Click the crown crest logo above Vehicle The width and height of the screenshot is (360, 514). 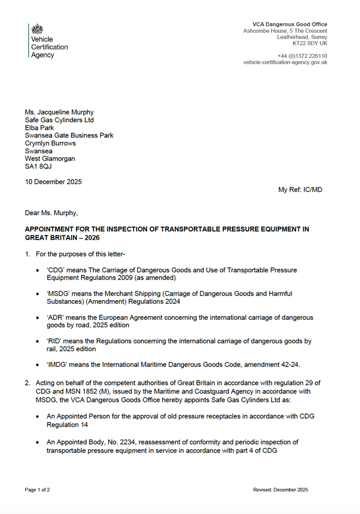38,29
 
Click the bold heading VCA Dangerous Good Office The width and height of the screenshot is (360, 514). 290,24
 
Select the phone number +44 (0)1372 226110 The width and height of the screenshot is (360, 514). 302,56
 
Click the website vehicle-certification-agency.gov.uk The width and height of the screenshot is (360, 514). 285,62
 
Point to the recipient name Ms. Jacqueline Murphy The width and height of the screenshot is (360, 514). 59,113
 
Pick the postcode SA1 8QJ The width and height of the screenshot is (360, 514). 39,167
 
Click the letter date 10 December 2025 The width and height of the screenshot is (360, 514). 53,182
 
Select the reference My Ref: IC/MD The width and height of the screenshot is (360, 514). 300,190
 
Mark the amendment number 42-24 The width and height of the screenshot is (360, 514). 287,364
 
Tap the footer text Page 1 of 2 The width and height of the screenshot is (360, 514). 38,490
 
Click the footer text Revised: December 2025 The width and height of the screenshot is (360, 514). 280,490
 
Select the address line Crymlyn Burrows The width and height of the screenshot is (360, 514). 50,143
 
